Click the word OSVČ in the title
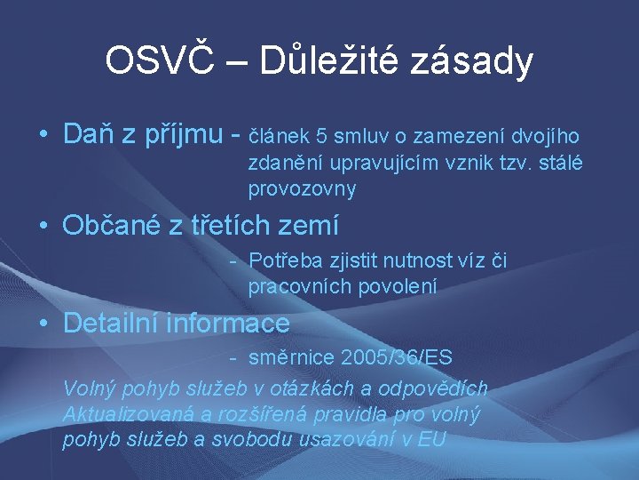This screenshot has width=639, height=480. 159,60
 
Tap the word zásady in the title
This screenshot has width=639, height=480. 477,62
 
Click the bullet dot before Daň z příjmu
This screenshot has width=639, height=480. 43,135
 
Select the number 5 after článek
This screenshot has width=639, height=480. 322,136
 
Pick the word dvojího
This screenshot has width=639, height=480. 549,136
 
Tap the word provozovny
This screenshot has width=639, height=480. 302,189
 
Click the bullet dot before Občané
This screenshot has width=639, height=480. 43,226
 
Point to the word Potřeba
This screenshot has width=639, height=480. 283,260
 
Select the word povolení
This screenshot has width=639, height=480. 396,287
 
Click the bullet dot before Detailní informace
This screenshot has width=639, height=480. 43,324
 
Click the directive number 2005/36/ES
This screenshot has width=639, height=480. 396,358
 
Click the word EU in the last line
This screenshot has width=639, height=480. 432,440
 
